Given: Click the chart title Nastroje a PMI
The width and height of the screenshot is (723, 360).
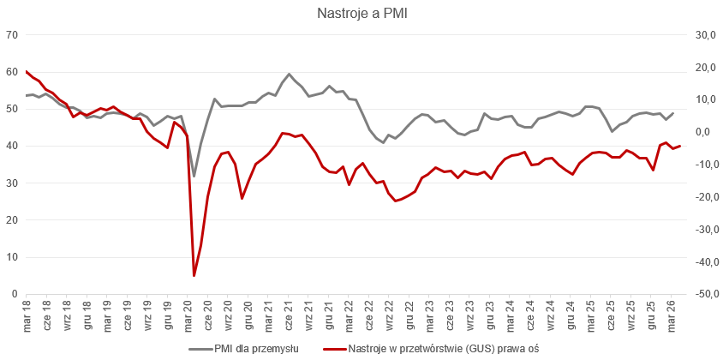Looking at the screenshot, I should [x=361, y=13].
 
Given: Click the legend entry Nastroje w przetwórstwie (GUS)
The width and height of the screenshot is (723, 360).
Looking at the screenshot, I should [x=429, y=349].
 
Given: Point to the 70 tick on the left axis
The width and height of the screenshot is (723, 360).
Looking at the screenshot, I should [x=12, y=35].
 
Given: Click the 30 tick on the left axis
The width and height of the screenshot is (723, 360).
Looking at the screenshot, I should [x=12, y=183].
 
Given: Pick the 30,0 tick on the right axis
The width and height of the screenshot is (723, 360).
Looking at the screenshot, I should [x=705, y=35].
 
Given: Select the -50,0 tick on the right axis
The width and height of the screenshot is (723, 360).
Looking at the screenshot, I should [x=703, y=294].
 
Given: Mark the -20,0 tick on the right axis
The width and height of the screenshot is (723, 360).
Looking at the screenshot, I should [x=703, y=197].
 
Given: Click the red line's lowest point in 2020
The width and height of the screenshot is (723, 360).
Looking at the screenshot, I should [x=194, y=276].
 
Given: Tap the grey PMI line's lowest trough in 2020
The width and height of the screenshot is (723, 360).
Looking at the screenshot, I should [x=194, y=176].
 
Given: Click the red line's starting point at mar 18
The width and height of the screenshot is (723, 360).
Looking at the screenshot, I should [x=26, y=71].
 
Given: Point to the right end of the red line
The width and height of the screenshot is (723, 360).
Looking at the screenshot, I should [x=680, y=146].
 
